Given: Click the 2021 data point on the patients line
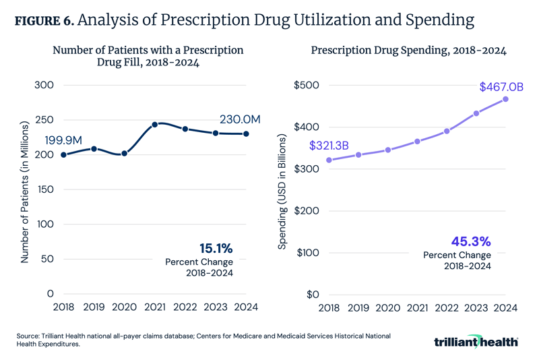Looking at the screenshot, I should tap(155, 125).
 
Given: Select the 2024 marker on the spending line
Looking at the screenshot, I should tap(505, 99).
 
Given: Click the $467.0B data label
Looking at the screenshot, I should tap(501, 87).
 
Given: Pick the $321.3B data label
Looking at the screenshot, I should tap(331, 146).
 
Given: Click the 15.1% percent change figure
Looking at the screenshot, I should tap(216, 248).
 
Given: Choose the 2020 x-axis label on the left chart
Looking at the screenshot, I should tap(125, 308).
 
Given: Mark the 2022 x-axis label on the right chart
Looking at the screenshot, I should tap(446, 308).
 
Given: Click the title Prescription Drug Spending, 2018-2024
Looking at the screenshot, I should tap(408, 51).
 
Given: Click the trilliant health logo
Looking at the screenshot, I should tap(476, 341).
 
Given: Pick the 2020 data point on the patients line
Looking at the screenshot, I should tap(125, 154).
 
